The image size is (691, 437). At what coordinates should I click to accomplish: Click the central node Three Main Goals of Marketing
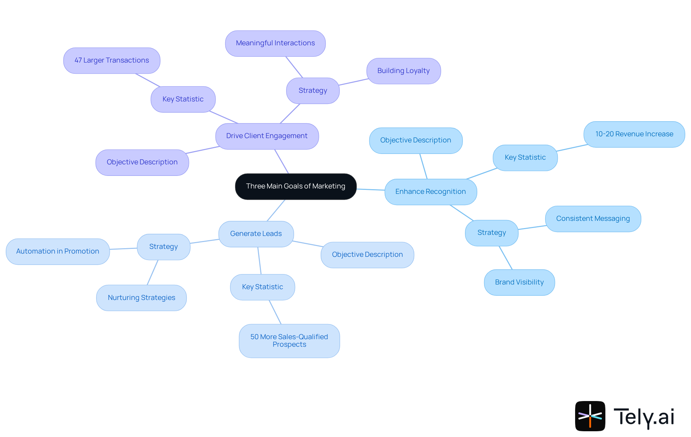pos(295,186)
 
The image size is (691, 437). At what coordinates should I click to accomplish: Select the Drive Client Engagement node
pos(267,136)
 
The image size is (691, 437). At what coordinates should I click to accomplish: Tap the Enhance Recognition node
pos(430,192)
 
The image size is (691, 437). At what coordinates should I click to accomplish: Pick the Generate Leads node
pos(256,234)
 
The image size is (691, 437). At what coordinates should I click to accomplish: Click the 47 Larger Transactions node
pos(112,60)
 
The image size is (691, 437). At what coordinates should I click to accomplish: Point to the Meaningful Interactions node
pos(275,43)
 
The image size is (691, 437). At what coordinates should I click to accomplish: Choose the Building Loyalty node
pos(403,71)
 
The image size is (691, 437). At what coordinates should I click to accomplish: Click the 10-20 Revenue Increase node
pos(634,134)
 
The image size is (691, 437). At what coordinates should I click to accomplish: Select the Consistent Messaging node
pos(593,219)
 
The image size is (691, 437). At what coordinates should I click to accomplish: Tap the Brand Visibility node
pos(519,282)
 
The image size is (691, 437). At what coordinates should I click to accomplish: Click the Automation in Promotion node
pos(58,251)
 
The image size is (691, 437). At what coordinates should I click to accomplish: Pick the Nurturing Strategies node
pos(141,298)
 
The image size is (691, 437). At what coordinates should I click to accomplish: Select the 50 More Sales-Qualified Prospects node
pos(289,341)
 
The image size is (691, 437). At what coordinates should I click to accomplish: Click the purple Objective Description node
pos(142,162)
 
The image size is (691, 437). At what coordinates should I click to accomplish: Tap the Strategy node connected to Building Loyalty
pos(313,91)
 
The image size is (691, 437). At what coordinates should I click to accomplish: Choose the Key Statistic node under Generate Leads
pos(262,287)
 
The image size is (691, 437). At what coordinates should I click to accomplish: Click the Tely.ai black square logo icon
pos(590,416)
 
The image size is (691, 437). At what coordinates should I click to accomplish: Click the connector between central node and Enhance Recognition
pos(371,189)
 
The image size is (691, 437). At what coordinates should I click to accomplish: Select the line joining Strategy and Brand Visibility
pos(506,258)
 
